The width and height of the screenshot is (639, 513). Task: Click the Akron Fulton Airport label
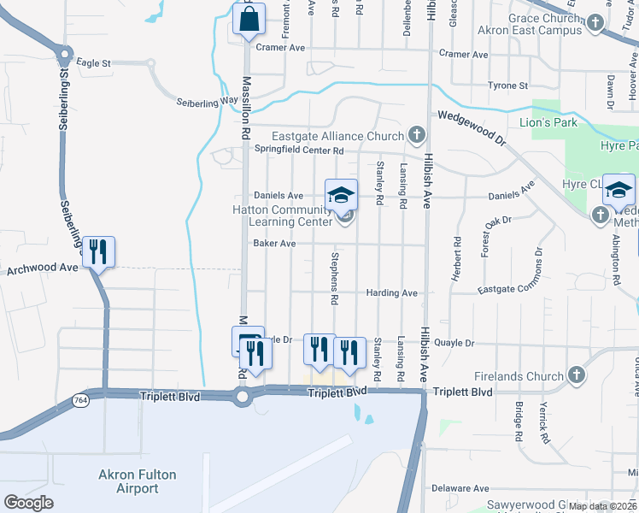tap(128, 481)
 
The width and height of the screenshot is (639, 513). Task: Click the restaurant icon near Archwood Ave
tap(98, 251)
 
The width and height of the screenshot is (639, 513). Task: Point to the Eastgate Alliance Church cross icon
tap(416, 136)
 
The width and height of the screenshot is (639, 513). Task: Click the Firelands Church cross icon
tap(576, 376)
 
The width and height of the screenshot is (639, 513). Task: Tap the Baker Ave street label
tap(274, 244)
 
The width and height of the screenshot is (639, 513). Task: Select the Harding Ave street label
tap(391, 293)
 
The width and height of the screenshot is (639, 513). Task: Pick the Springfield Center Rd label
tap(299, 150)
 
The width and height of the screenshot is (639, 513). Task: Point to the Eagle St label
tap(93, 63)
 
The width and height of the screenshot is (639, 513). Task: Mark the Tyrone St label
tap(507, 85)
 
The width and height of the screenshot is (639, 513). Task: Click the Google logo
tap(28, 503)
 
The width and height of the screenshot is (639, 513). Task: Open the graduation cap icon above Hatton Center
tap(340, 194)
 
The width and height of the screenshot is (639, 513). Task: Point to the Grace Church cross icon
tap(595, 30)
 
